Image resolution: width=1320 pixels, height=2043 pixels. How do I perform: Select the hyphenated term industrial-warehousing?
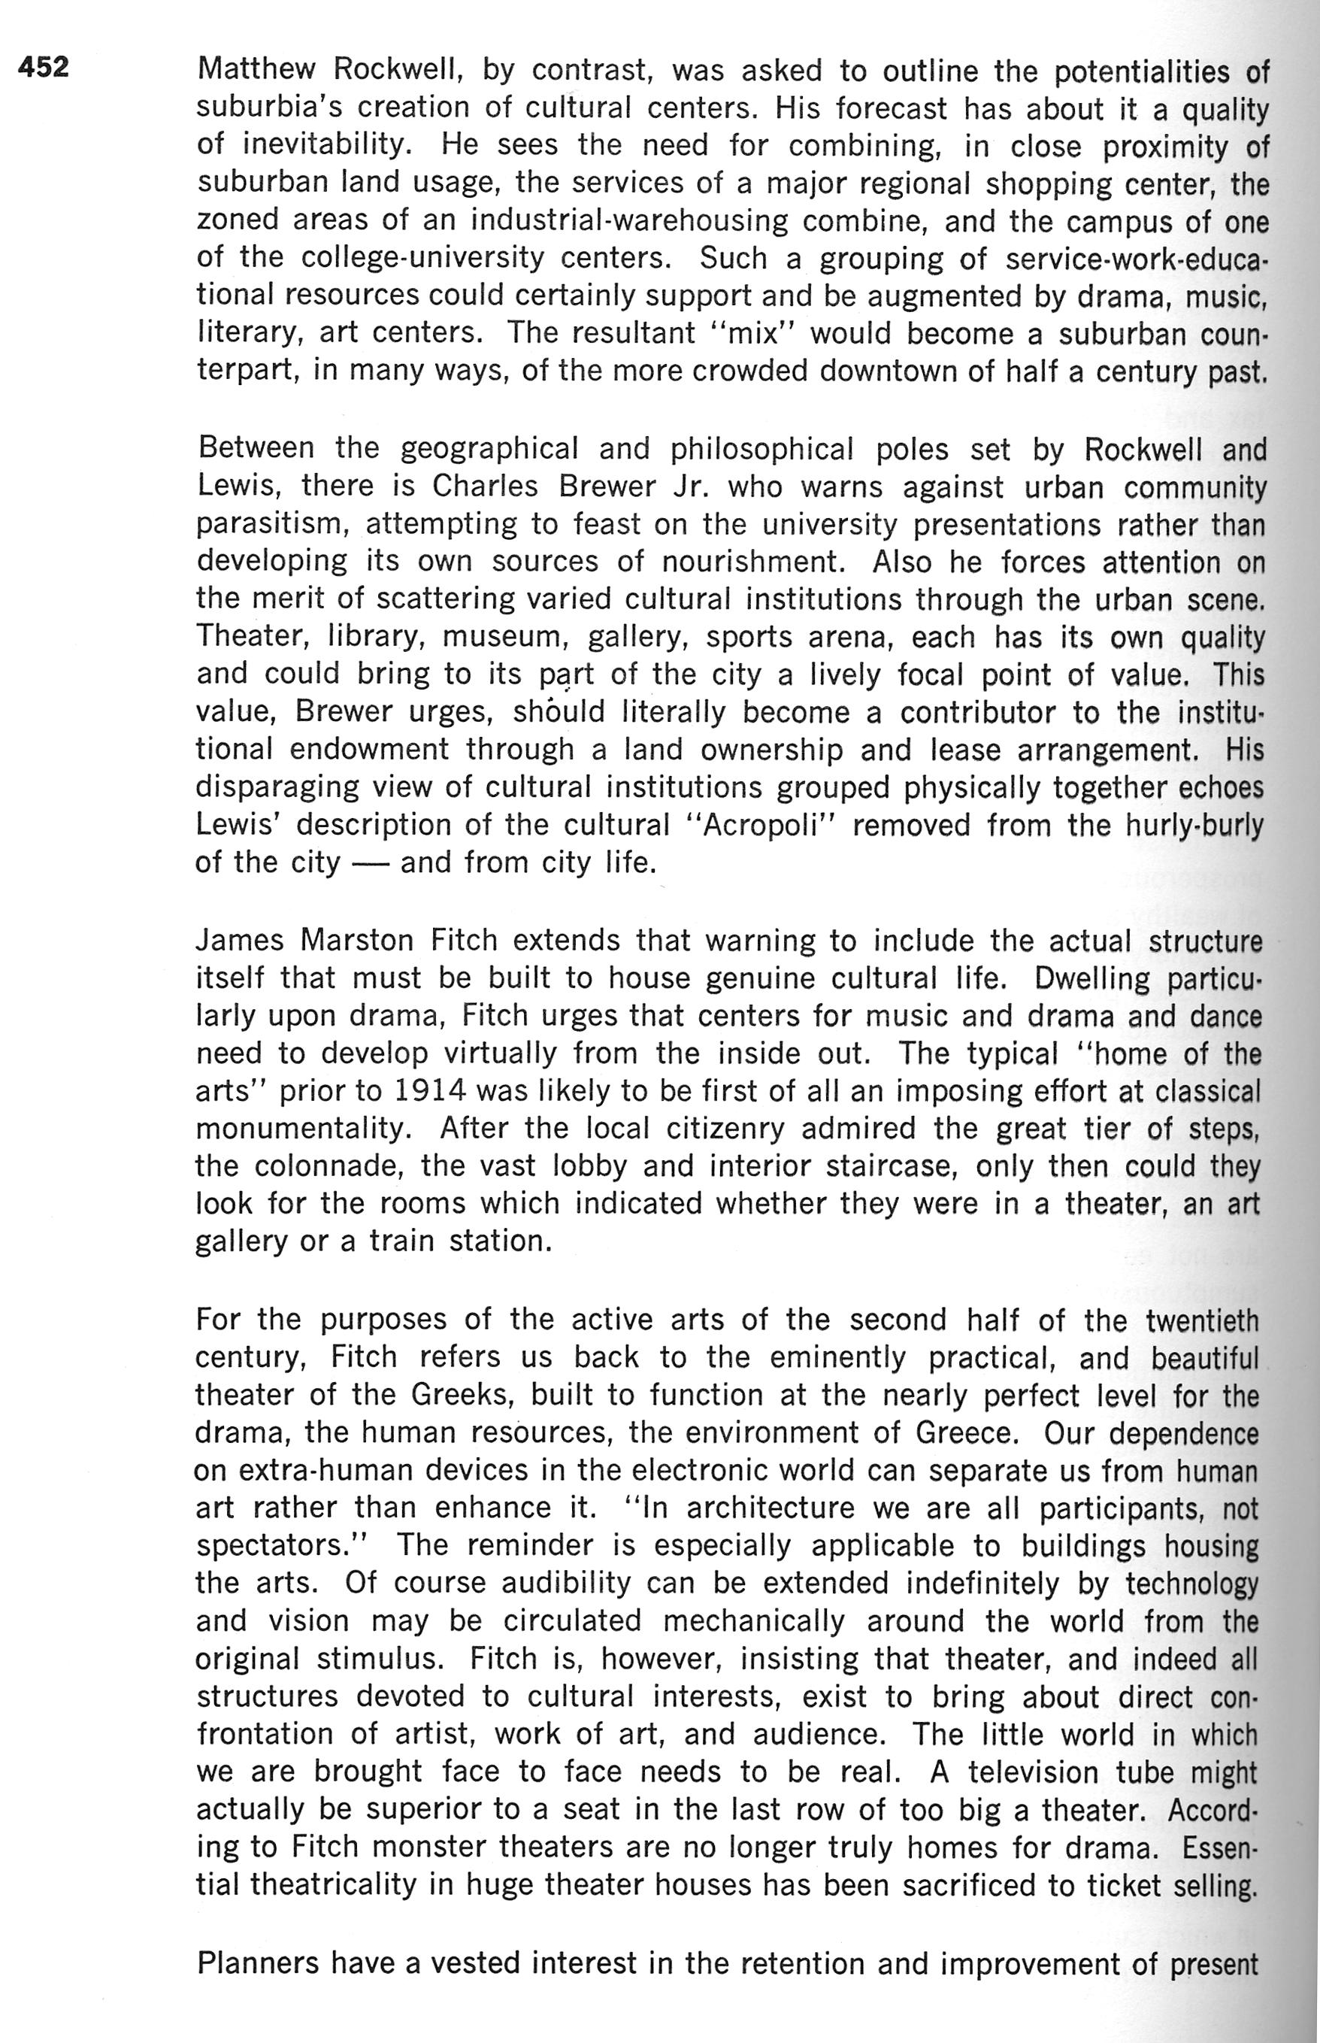click(629, 221)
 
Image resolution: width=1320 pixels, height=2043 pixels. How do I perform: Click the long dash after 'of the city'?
click(371, 862)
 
